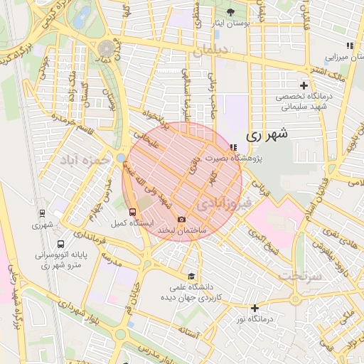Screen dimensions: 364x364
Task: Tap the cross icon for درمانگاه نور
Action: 255,308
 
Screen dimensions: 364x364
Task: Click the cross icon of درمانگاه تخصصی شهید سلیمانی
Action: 304,85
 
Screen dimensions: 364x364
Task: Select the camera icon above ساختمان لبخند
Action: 181,220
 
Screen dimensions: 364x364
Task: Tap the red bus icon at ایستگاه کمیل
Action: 132,212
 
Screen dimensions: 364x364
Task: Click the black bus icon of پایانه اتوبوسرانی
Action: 60,244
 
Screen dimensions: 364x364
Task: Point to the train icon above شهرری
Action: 42,213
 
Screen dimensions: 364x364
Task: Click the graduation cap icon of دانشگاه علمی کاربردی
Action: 190,277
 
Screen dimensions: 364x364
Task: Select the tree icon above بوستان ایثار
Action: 230,12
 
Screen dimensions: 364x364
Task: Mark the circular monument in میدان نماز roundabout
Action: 107,48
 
